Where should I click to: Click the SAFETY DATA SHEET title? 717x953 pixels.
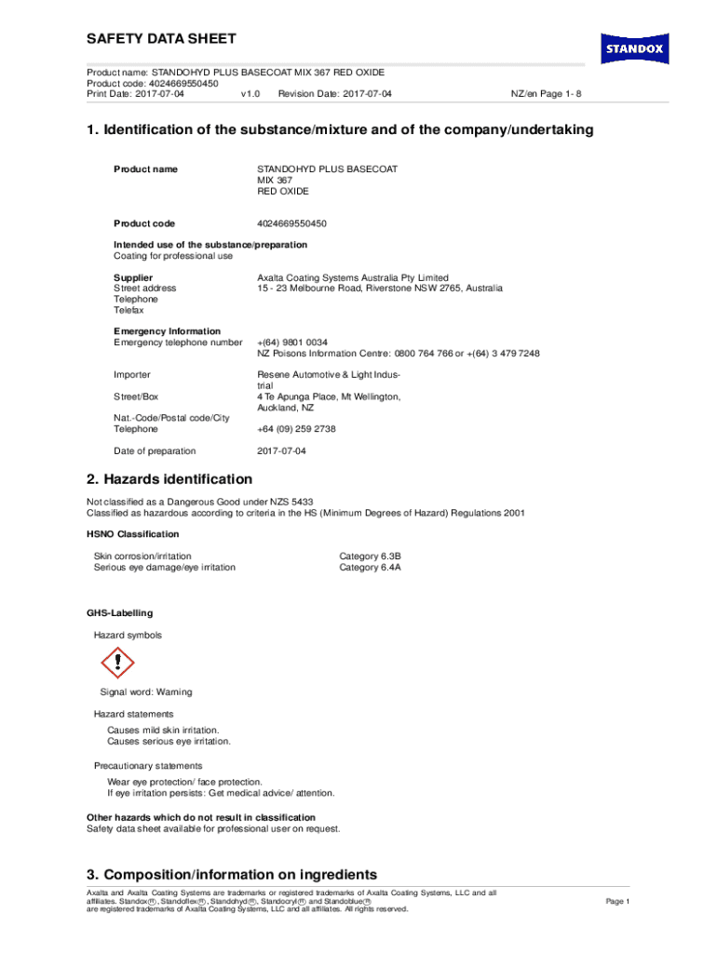click(x=161, y=39)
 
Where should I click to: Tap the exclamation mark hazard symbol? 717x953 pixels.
click(x=117, y=663)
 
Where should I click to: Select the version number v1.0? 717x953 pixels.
click(x=250, y=94)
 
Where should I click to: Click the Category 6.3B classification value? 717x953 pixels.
click(x=370, y=556)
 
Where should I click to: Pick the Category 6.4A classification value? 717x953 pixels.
click(x=370, y=567)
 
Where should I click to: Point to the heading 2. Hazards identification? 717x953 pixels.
click(x=169, y=479)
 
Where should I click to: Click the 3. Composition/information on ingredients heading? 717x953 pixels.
click(x=232, y=875)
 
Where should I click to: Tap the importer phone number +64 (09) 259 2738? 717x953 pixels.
click(x=296, y=429)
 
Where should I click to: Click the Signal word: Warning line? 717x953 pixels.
click(x=146, y=692)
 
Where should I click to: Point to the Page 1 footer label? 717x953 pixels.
click(x=618, y=902)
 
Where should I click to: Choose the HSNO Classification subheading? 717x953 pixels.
click(x=133, y=534)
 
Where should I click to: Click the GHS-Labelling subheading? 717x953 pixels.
click(x=120, y=613)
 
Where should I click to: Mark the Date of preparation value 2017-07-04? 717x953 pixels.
click(x=281, y=451)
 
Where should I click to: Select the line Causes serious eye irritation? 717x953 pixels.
click(x=169, y=742)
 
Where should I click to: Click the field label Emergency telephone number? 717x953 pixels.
click(x=178, y=342)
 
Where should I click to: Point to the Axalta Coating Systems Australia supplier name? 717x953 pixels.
click(x=353, y=277)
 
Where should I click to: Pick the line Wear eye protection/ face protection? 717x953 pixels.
click(x=184, y=782)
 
